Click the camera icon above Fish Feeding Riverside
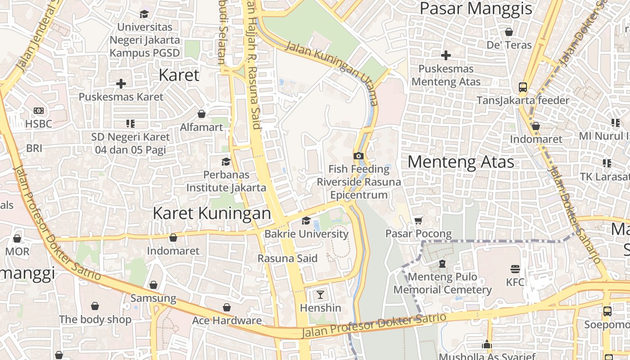coord(358,156)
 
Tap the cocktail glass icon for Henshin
coord(320,295)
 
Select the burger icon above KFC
coord(515,269)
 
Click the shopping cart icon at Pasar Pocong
coord(418,220)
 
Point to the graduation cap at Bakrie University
coord(306,220)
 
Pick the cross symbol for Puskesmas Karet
coord(121,83)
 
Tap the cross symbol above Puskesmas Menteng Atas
coord(446,55)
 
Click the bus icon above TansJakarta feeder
coord(523,87)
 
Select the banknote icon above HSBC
coord(39,110)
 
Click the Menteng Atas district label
coord(461,162)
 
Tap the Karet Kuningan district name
coord(212,213)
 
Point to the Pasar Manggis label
coord(476,8)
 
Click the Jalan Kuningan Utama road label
coord(332,73)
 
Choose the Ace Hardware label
coord(227,320)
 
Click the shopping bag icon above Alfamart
coord(202,114)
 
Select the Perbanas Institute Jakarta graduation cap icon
coord(226,161)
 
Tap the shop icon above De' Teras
coord(509,32)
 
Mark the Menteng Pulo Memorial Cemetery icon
coord(442,263)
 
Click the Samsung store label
coord(153,298)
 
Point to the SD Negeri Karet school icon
coord(130,123)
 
